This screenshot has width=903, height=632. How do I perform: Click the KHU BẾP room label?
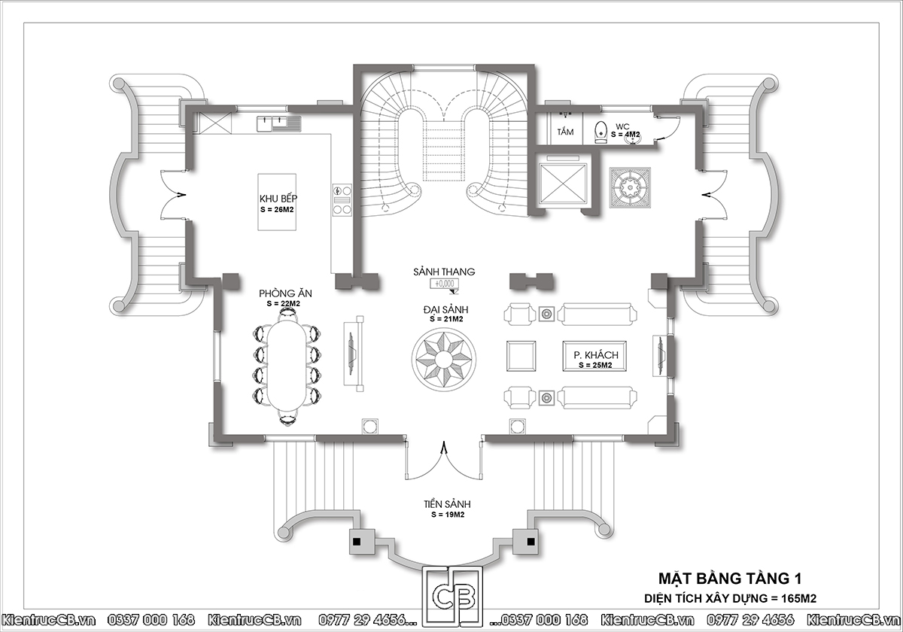pos(278,199)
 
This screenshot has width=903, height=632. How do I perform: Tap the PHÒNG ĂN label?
pos(285,293)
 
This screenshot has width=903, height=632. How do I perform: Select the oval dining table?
pos(286,365)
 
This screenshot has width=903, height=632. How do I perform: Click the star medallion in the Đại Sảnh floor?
pos(443,358)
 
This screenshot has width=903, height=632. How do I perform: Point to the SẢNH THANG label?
pos(444,272)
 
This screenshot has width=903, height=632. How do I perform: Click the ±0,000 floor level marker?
pos(444,284)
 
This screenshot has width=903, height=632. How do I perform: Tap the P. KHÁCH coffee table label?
pos(596,355)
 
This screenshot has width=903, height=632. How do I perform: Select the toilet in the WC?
pos(600,132)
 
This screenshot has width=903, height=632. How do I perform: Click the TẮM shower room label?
pos(565,132)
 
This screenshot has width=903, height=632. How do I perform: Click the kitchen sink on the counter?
pos(278,123)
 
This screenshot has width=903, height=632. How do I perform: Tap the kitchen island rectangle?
pos(277,202)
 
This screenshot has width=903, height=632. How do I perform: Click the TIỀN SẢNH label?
pos(447,504)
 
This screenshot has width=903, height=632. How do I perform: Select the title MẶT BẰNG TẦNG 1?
pos(730,579)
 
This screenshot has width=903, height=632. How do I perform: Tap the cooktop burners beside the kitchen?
pos(342,200)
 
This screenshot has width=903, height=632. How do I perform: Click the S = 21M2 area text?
pos(446,319)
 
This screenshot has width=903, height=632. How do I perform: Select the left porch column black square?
pos(357,541)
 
